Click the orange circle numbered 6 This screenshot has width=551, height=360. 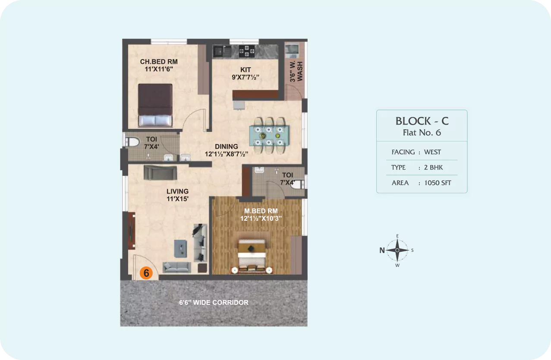click(x=146, y=273)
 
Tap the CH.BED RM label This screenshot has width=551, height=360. click(x=159, y=62)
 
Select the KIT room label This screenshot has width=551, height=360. click(x=246, y=70)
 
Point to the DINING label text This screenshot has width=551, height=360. click(x=226, y=147)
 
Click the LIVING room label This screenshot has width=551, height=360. click(x=177, y=191)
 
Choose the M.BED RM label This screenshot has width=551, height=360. click(x=261, y=211)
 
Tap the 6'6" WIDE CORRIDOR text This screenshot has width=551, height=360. click(x=214, y=303)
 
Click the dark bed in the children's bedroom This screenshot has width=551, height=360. click(x=155, y=105)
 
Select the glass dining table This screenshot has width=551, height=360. click(x=269, y=136)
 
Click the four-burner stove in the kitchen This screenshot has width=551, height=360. click(x=247, y=51)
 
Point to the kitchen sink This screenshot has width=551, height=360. click(x=222, y=51)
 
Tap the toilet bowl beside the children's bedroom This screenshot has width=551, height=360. click(x=132, y=142)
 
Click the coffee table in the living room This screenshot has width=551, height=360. click(x=180, y=248)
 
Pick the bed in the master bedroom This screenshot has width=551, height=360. click(x=252, y=256)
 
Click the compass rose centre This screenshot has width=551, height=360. click(x=397, y=250)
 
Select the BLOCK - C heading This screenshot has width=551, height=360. click(x=422, y=121)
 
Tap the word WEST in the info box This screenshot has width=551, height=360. click(x=432, y=152)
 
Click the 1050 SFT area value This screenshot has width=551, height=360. click(x=438, y=183)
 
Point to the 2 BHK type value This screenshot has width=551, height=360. click(x=433, y=167)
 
